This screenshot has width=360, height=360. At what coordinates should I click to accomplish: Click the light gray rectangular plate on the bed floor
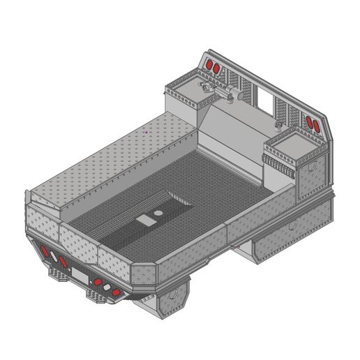[x=147, y=220]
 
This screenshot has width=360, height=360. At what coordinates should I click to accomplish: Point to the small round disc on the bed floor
[x=159, y=211]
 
